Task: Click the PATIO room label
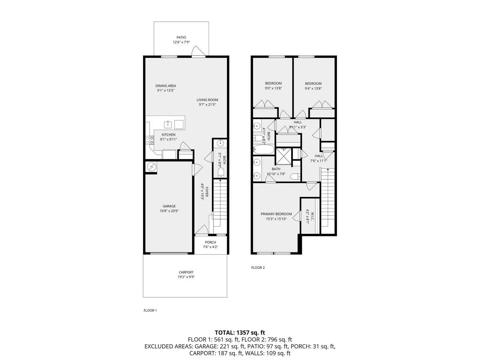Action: point(181,38)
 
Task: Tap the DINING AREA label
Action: point(166,86)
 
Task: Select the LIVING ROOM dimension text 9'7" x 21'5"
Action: point(207,105)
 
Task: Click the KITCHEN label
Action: point(168,135)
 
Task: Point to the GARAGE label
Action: point(169,206)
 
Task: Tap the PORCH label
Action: point(210,242)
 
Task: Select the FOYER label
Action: point(207,192)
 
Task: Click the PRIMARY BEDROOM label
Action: point(276,214)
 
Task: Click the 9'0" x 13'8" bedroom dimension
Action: point(273,88)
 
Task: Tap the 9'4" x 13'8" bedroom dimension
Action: point(313,89)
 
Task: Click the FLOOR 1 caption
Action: point(150,310)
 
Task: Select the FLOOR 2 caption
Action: point(258,267)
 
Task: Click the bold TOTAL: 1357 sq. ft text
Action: point(240,332)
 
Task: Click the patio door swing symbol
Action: point(198,52)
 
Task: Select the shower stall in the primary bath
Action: point(283,155)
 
